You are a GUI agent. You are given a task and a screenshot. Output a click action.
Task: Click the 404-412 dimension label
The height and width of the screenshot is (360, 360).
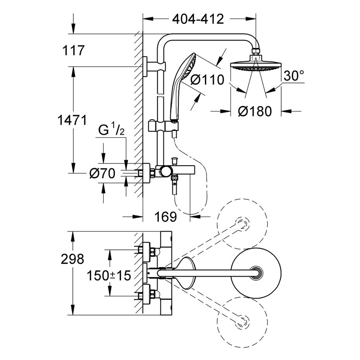(198, 19)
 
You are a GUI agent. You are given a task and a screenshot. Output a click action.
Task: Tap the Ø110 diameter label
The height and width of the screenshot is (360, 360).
(207, 80)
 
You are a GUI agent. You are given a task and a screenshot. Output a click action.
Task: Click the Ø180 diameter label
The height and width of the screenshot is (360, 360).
(254, 112)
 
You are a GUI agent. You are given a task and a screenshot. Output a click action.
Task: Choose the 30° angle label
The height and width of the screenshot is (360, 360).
(294, 76)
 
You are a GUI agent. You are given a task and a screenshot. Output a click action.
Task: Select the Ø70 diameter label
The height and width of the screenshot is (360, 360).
(103, 173)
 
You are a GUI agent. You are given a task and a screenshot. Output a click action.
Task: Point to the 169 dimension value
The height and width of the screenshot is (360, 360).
(165, 217)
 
